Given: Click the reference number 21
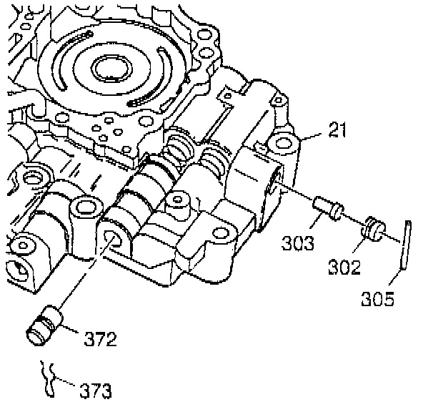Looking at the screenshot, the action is [337, 129].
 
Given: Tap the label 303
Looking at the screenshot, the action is [298, 242].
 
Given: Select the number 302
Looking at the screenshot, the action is [344, 267].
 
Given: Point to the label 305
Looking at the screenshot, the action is [378, 298].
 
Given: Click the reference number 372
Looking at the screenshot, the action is [100, 339].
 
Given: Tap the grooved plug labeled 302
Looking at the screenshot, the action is [374, 229].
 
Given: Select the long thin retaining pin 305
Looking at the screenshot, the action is [406, 245].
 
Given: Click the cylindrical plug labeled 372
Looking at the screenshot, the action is [45, 325].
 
